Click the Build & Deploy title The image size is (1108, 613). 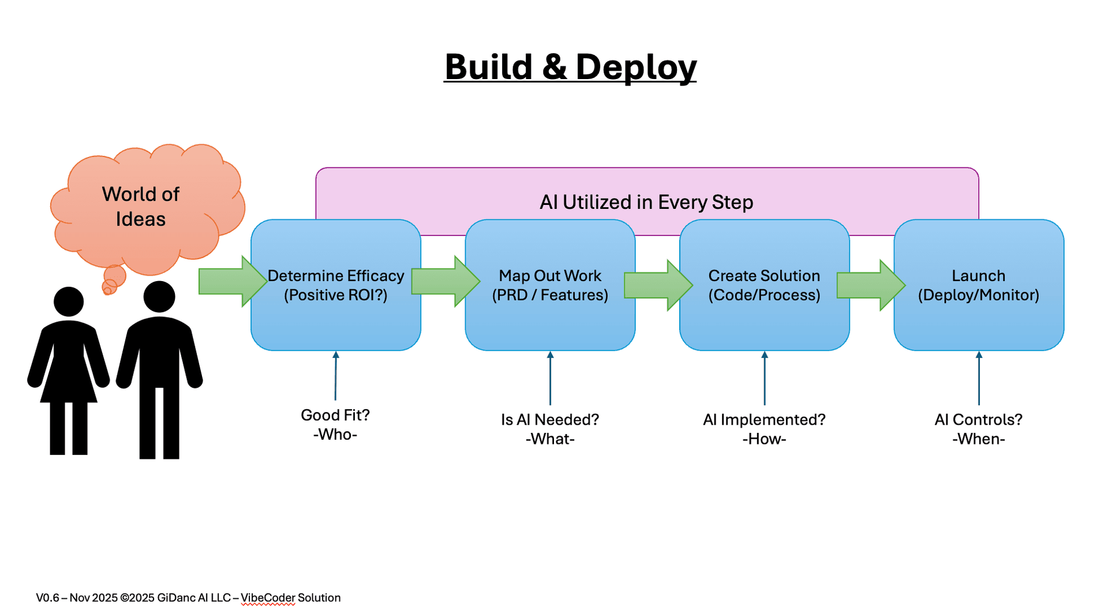pos(570,67)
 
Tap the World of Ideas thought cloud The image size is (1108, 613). pos(141,207)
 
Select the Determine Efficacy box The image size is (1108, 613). pos(335,285)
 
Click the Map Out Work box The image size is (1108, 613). pos(550,285)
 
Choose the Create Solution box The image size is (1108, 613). pos(764,285)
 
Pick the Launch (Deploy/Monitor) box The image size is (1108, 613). pos(978,285)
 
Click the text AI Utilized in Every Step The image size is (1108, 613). pos(646,202)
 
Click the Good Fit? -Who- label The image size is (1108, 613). pos(335,424)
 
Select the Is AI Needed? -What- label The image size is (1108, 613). pos(550,429)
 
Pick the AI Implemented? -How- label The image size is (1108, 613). pos(764,429)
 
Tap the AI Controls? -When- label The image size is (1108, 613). pos(978,429)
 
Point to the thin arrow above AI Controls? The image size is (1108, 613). pos(979,378)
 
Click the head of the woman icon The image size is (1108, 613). pos(69,301)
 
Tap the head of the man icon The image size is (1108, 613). pos(159,297)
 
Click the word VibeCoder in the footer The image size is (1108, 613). pos(267,597)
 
